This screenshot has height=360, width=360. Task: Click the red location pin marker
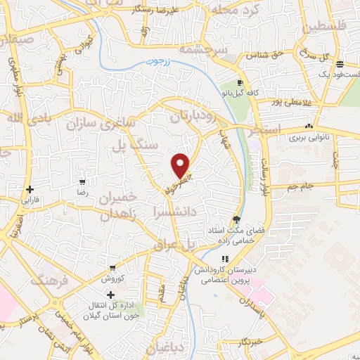[x=181, y=165]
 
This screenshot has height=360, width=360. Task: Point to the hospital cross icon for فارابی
[x=30, y=189]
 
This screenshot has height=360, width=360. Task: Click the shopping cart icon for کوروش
[x=112, y=269]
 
